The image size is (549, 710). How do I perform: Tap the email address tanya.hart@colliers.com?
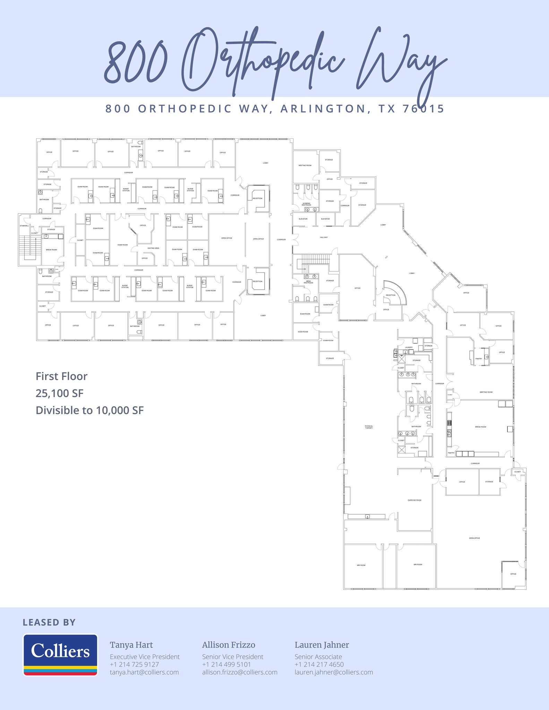click(144, 672)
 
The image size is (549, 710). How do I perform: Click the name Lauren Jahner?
click(321, 645)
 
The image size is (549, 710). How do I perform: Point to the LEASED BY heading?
click(49, 623)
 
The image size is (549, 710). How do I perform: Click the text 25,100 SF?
click(60, 393)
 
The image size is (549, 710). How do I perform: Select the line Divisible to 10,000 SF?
click(89, 410)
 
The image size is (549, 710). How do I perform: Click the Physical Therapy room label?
click(369, 427)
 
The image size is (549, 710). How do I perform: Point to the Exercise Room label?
click(414, 500)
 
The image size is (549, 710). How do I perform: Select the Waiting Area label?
click(153, 248)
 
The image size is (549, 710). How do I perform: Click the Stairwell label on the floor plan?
click(24, 226)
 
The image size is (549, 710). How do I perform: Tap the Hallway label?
click(324, 237)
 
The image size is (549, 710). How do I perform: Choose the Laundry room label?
click(409, 347)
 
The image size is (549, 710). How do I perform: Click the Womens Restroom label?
click(306, 204)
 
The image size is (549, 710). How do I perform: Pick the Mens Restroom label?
click(308, 282)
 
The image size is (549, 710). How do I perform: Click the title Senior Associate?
click(318, 657)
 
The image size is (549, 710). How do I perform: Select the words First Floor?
click(61, 376)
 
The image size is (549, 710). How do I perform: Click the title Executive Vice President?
click(145, 657)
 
